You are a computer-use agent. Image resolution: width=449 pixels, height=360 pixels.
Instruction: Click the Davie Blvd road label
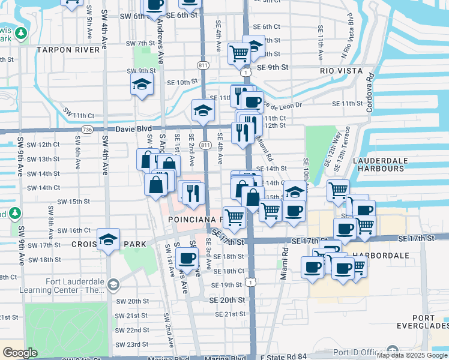pos(122,129)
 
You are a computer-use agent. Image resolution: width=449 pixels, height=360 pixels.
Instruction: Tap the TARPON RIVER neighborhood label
pos(67,50)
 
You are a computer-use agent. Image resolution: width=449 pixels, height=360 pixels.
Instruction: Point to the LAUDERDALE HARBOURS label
pos(378,165)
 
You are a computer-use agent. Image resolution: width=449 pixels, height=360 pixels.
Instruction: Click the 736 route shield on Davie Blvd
pos(88,130)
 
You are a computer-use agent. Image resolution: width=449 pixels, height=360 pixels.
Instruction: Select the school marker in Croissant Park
pos(108,240)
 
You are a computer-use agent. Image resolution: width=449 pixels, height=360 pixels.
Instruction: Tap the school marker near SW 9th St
pos(142,85)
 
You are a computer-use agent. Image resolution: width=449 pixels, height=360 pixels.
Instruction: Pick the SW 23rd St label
pos(132,344)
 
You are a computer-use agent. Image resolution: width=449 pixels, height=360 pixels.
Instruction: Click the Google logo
pos(20,353)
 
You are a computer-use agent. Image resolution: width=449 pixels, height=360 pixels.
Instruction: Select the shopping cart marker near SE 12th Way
pos(339,191)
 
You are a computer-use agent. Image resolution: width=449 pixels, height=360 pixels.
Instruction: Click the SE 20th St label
pos(228,299)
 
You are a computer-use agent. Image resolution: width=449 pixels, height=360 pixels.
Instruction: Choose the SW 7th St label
pos(141,43)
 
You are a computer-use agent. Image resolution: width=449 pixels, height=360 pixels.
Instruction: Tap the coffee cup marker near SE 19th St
pos(188,259)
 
